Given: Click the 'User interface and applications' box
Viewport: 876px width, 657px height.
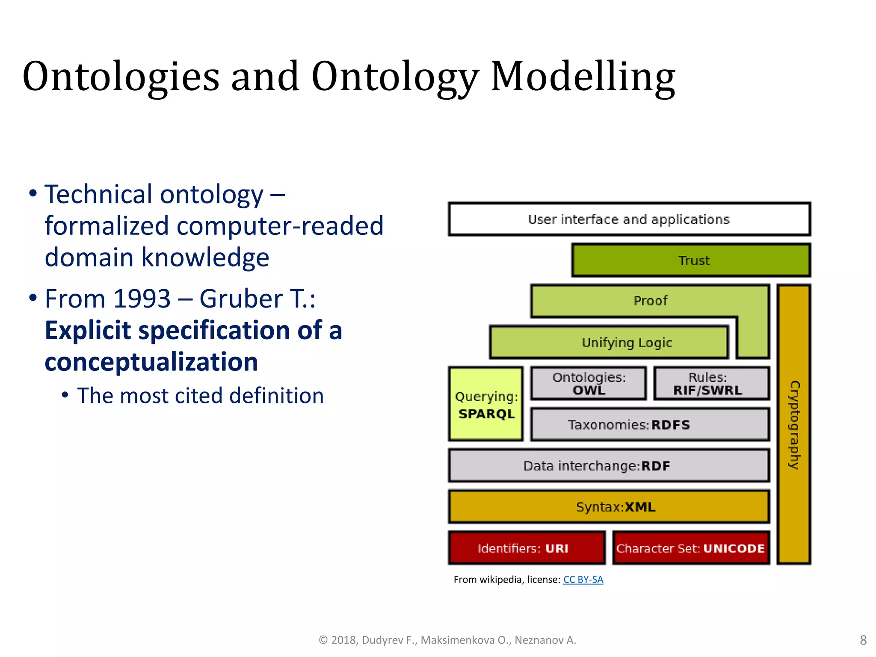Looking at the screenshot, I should [629, 219].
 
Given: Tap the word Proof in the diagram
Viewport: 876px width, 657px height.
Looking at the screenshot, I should [650, 301].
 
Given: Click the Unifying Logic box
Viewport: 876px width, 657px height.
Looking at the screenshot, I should [609, 342].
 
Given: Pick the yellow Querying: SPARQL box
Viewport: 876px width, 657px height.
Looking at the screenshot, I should [486, 404].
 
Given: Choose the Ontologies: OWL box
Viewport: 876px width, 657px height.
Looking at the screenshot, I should [589, 383].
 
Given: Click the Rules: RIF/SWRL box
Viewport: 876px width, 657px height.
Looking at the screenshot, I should [711, 383].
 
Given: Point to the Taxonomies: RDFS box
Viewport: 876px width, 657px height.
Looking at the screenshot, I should [649, 424].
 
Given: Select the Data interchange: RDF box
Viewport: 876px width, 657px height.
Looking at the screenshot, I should [608, 465].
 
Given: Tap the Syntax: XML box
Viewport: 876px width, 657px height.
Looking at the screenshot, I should [608, 507].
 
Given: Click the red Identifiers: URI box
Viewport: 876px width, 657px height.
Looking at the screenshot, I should [527, 548].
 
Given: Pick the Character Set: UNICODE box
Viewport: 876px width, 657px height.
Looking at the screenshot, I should [690, 548].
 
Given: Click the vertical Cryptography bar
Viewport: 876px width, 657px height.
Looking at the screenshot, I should [794, 424].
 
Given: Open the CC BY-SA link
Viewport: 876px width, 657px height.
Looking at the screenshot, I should [583, 580].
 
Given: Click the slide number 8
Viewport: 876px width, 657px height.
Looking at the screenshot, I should [863, 640].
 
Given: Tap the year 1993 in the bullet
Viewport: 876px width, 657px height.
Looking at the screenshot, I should [142, 299].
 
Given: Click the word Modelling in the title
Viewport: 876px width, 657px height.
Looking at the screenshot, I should [583, 77].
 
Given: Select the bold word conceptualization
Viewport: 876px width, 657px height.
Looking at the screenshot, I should [151, 362].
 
